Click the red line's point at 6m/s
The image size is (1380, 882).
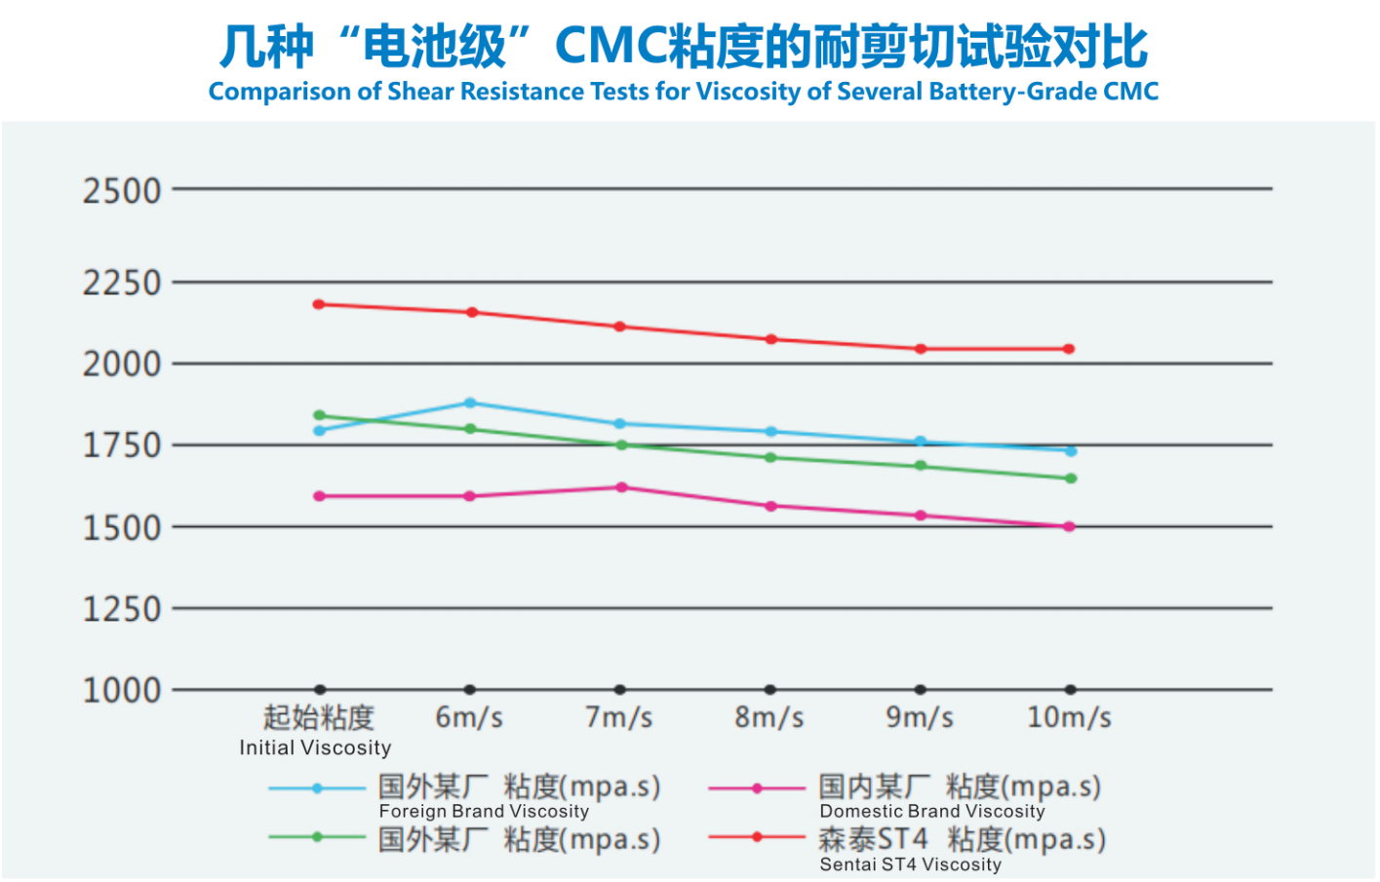(472, 312)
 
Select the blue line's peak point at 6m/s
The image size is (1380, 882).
(470, 403)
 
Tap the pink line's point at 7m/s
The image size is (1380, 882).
(621, 486)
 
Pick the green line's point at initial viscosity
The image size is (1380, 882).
(319, 415)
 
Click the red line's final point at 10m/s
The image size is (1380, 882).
(1069, 349)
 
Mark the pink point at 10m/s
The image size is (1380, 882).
(1070, 526)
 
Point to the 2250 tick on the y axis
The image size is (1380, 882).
(121, 284)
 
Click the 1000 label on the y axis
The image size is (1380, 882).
(121, 691)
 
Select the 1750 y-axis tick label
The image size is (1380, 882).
(121, 445)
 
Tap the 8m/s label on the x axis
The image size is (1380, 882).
(769, 718)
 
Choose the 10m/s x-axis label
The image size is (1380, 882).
(1069, 718)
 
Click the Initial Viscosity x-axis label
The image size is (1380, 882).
(316, 748)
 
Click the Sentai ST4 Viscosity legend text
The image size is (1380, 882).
(910, 864)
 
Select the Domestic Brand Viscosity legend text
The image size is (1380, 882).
(931, 811)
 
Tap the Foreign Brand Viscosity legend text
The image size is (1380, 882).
(484, 811)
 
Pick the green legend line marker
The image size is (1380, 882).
(317, 837)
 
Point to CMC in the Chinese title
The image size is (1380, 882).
(611, 46)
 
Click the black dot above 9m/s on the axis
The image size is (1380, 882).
(920, 690)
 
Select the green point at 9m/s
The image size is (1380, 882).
(920, 466)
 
